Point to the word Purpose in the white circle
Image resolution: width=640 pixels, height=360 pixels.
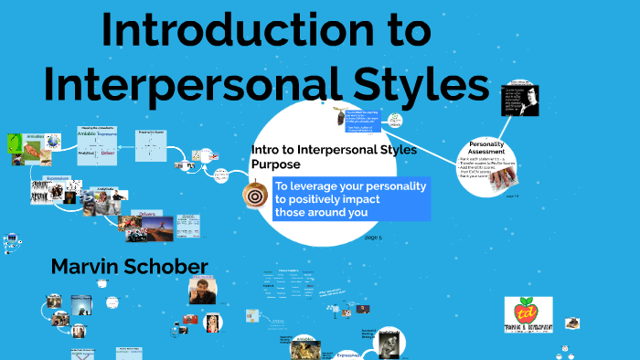[x=275, y=164]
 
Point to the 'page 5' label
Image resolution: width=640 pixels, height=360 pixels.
[x=373, y=237]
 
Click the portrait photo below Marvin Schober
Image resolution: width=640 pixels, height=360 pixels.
[x=200, y=291]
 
